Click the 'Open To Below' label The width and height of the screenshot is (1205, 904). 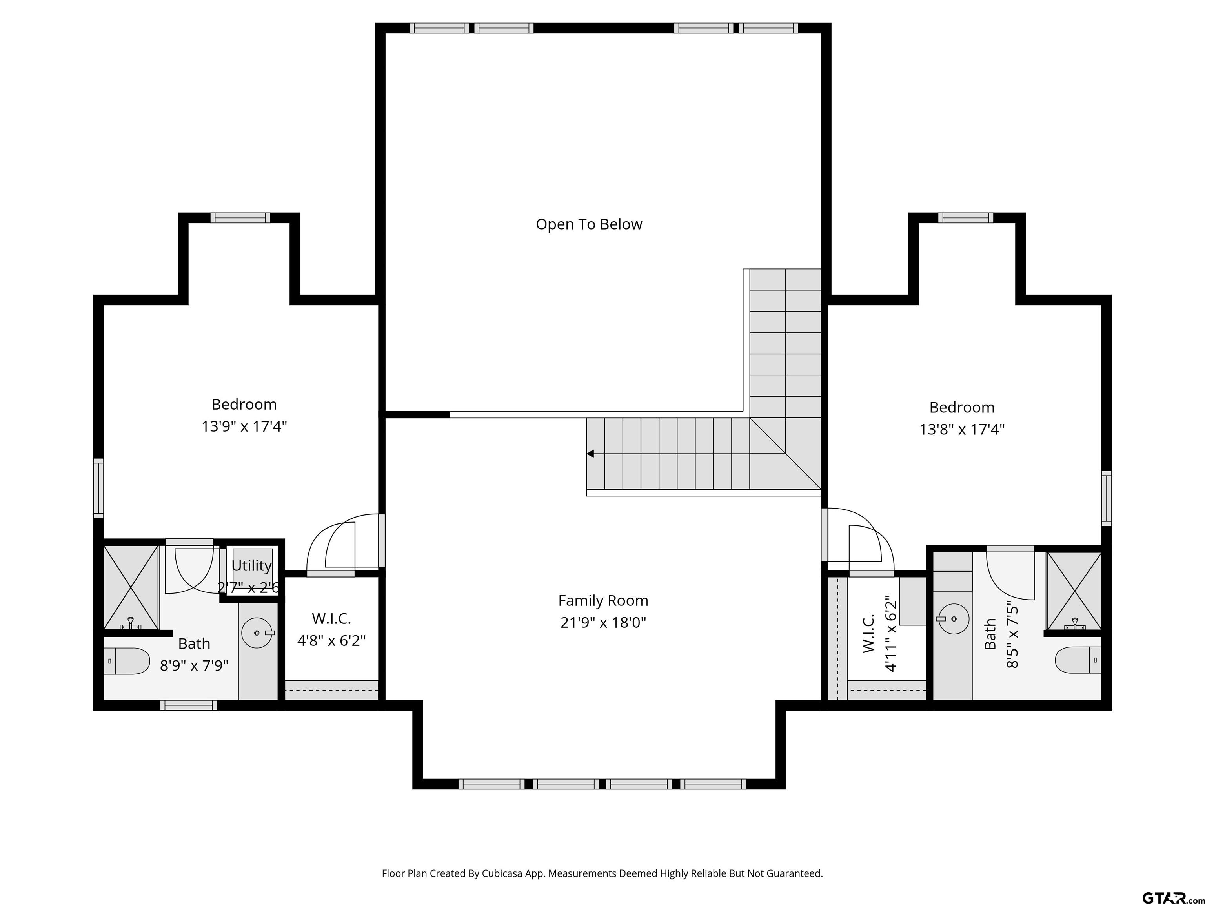point(589,224)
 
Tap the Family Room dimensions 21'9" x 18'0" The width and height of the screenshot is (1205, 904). point(603,622)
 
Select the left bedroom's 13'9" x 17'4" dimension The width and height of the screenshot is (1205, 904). point(244,426)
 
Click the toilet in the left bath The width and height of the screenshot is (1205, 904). point(126,661)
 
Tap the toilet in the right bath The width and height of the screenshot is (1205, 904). point(1078,660)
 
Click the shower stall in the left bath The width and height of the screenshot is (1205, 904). point(131,587)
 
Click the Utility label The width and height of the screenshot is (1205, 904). point(251,566)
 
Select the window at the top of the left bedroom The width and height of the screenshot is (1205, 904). point(240,218)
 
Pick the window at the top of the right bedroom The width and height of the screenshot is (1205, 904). point(966,218)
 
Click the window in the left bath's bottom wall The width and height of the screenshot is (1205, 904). point(189,705)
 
